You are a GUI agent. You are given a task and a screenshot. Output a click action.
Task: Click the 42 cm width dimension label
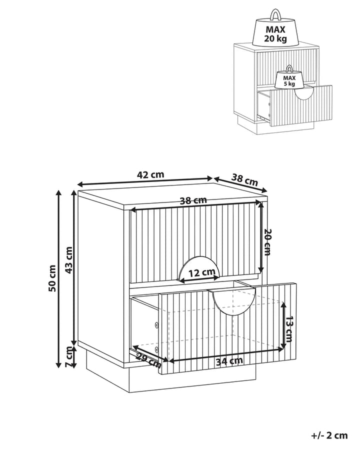pos(150,174)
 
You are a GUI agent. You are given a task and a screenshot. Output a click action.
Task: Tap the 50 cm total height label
pos(52,278)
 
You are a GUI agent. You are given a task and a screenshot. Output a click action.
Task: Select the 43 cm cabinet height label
pos(69,260)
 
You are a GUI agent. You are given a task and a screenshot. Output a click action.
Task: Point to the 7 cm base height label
pos(69,356)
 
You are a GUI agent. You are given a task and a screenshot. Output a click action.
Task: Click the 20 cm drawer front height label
pos(267,242)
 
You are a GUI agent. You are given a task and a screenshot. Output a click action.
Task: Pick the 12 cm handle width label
pos(202,272)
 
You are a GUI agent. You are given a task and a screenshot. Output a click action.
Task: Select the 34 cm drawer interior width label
pos(229,361)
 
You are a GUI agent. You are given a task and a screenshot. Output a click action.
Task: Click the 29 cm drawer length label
pos(148,360)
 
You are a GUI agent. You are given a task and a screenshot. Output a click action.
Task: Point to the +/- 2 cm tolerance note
pos(329,435)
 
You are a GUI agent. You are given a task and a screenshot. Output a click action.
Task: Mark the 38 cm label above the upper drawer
pos(193,200)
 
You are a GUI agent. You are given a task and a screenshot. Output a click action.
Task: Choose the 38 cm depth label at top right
pos(245,180)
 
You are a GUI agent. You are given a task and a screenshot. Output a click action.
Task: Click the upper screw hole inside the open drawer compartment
pos(156,325)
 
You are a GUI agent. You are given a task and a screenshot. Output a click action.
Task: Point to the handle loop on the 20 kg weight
pos(275,14)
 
